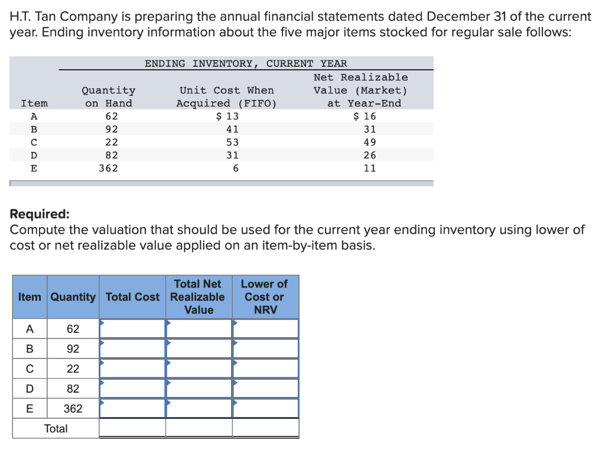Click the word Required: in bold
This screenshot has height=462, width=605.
tap(40, 214)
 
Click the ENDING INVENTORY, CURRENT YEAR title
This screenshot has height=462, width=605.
tap(246, 63)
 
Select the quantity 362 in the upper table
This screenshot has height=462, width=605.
tap(108, 168)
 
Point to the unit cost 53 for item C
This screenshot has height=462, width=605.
tap(232, 142)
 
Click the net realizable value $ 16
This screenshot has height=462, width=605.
tap(364, 116)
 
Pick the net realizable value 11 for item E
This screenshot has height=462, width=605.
tap(370, 168)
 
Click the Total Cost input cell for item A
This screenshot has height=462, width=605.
tap(132, 329)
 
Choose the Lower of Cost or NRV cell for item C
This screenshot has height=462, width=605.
tap(265, 369)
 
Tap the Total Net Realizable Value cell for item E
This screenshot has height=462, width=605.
tap(199, 409)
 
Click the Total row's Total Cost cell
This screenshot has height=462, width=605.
tap(132, 428)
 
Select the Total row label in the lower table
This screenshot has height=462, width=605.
tap(56, 428)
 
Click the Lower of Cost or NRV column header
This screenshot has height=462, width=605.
tap(265, 296)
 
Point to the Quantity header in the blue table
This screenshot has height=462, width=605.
tap(73, 296)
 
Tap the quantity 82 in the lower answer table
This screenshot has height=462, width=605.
tap(73, 389)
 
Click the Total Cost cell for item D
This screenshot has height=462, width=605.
tap(132, 389)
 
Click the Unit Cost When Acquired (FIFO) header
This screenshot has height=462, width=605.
tap(227, 96)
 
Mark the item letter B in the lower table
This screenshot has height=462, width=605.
tap(29, 349)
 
